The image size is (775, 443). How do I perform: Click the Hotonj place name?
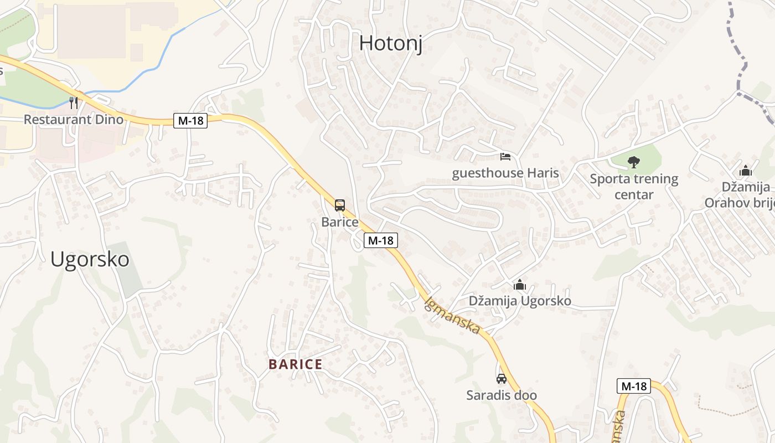pos(391,43)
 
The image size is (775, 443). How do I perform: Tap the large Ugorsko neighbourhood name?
pos(90,259)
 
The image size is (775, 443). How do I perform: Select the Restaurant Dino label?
pos(74,119)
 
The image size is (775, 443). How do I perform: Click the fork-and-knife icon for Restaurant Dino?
pos(74,103)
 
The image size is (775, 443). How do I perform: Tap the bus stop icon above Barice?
pos(339,205)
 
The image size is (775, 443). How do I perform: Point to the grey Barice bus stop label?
pos(339,222)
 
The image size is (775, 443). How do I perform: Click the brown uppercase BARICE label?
pos(295,364)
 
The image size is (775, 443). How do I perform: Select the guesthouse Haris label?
pos(505,173)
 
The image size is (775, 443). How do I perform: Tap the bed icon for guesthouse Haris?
pos(505,157)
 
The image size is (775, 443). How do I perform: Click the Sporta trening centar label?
pos(634,187)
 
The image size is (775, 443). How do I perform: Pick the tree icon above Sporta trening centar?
pos(634,162)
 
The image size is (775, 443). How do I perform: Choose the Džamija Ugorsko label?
pos(520,301)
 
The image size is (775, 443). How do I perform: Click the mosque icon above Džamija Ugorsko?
pos(520,285)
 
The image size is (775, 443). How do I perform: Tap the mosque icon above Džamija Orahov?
pos(746,171)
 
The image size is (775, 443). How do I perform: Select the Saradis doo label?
pos(502,395)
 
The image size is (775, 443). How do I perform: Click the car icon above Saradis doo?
pos(502,379)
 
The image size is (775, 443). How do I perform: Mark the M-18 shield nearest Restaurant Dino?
pos(190,120)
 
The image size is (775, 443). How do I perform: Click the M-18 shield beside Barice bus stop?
pos(381,240)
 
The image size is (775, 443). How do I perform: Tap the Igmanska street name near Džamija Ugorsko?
pos(452,316)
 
